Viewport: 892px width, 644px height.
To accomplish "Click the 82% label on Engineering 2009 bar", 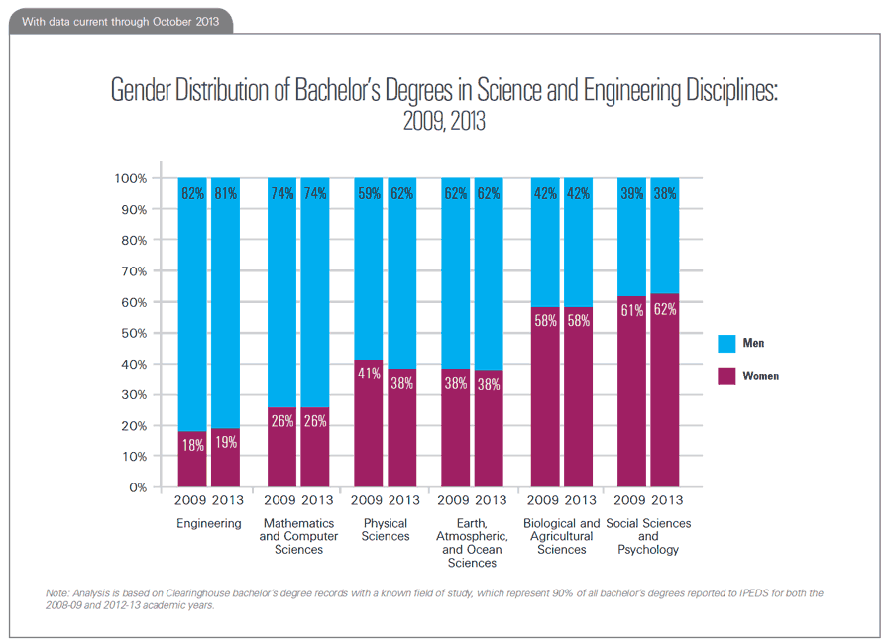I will pyautogui.click(x=192, y=194).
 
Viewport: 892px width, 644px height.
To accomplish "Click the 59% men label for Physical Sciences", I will pyautogui.click(x=368, y=194).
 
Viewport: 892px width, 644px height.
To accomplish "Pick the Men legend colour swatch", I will pyautogui.click(x=726, y=344).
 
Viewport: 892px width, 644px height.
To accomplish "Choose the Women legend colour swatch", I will pyautogui.click(x=726, y=376).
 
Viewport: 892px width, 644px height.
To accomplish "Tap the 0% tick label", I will pyautogui.click(x=136, y=487).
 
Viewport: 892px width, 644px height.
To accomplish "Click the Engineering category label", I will pyautogui.click(x=209, y=523).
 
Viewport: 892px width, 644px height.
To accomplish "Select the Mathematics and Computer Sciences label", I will pyautogui.click(x=298, y=536).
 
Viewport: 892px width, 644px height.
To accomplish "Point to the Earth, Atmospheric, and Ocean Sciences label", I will pyautogui.click(x=472, y=543).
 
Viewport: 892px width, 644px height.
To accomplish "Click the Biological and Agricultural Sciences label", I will pyautogui.click(x=560, y=536).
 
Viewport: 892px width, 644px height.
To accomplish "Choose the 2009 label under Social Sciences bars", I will pyautogui.click(x=630, y=500).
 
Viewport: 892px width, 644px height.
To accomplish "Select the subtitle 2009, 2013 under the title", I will pyautogui.click(x=444, y=123).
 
